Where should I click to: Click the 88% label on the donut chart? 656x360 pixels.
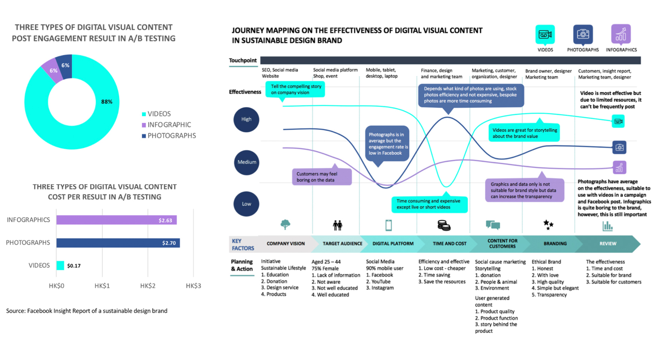[107, 102]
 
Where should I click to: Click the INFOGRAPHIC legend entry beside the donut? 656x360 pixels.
[169, 125]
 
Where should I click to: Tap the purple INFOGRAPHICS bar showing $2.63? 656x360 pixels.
[116, 220]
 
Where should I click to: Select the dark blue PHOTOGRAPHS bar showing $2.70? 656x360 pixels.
[118, 243]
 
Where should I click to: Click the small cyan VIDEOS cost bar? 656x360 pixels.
[60, 265]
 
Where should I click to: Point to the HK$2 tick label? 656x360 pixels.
[147, 286]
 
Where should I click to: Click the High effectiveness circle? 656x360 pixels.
[246, 119]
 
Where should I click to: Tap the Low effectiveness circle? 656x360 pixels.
[246, 204]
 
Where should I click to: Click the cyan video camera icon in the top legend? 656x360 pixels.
[545, 34]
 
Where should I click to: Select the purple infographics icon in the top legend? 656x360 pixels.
[621, 34]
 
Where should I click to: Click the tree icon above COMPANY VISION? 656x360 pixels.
[285, 225]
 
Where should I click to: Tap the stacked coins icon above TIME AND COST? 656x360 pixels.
[444, 225]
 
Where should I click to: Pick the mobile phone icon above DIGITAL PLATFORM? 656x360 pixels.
[388, 225]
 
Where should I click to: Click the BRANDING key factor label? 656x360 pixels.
[555, 243]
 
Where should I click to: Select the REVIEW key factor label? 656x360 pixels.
[608, 243]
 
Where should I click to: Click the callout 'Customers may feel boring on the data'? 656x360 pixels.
[322, 177]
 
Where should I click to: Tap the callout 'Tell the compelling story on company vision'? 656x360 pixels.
[295, 89]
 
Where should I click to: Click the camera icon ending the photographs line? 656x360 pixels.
[619, 147]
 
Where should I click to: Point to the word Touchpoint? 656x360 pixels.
[243, 60]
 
